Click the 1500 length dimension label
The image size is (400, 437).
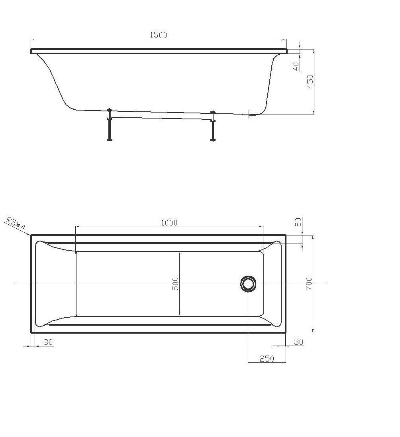(158, 35)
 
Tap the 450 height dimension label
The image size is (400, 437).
(310, 81)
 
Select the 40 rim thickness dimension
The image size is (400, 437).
(296, 66)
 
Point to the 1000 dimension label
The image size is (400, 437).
(169, 223)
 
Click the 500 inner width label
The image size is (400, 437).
(175, 284)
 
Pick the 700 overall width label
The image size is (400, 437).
(309, 284)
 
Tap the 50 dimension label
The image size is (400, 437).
(298, 222)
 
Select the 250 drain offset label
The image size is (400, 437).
(267, 358)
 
